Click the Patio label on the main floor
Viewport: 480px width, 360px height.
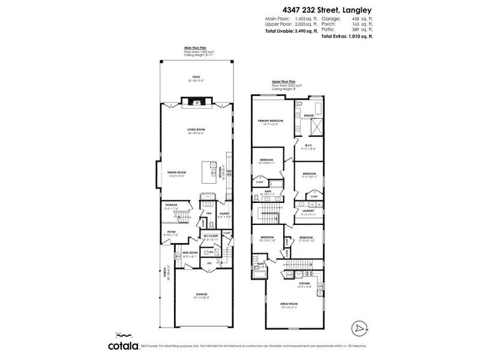(196, 77)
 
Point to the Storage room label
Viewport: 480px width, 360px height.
(172, 205)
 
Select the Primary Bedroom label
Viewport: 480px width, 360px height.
(270, 121)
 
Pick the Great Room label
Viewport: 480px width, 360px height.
(289, 304)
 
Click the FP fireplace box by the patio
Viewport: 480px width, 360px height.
(197, 103)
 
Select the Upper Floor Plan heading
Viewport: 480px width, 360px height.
(284, 80)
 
